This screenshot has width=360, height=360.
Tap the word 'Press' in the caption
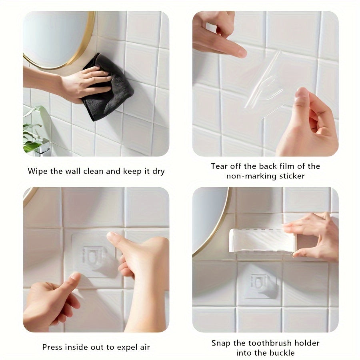tap(53, 347)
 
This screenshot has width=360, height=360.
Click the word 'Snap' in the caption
tap(221, 343)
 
